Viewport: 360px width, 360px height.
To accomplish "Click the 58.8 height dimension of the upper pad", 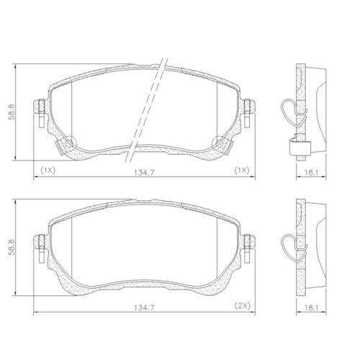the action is (x=12, y=112).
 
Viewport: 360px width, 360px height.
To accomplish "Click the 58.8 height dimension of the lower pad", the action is (x=12, y=247).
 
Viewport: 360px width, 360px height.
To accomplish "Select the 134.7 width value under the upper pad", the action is (x=144, y=172).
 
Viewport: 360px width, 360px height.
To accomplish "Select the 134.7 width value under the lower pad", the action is (x=144, y=307).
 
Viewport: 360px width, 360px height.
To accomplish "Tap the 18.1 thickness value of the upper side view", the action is (x=312, y=172).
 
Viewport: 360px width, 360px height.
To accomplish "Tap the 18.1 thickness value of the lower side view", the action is (x=312, y=307).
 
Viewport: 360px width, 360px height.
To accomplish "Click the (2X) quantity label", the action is (x=242, y=305).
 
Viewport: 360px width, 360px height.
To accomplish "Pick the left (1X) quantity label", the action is (x=48, y=171).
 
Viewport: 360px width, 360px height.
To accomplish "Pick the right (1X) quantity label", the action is (x=242, y=171).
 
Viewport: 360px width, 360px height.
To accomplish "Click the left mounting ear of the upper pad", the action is (x=40, y=107).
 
